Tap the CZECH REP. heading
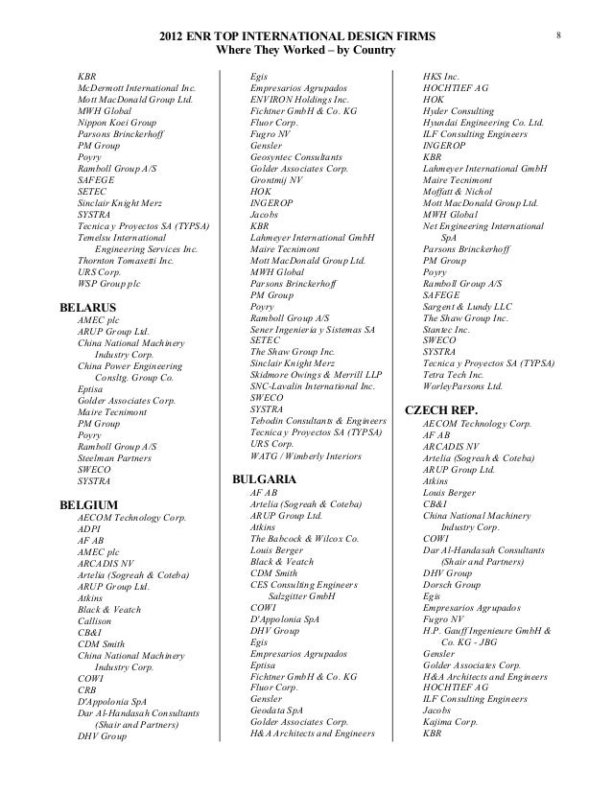442,409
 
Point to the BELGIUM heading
88,503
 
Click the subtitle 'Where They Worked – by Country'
303,50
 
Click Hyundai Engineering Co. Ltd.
483,124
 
